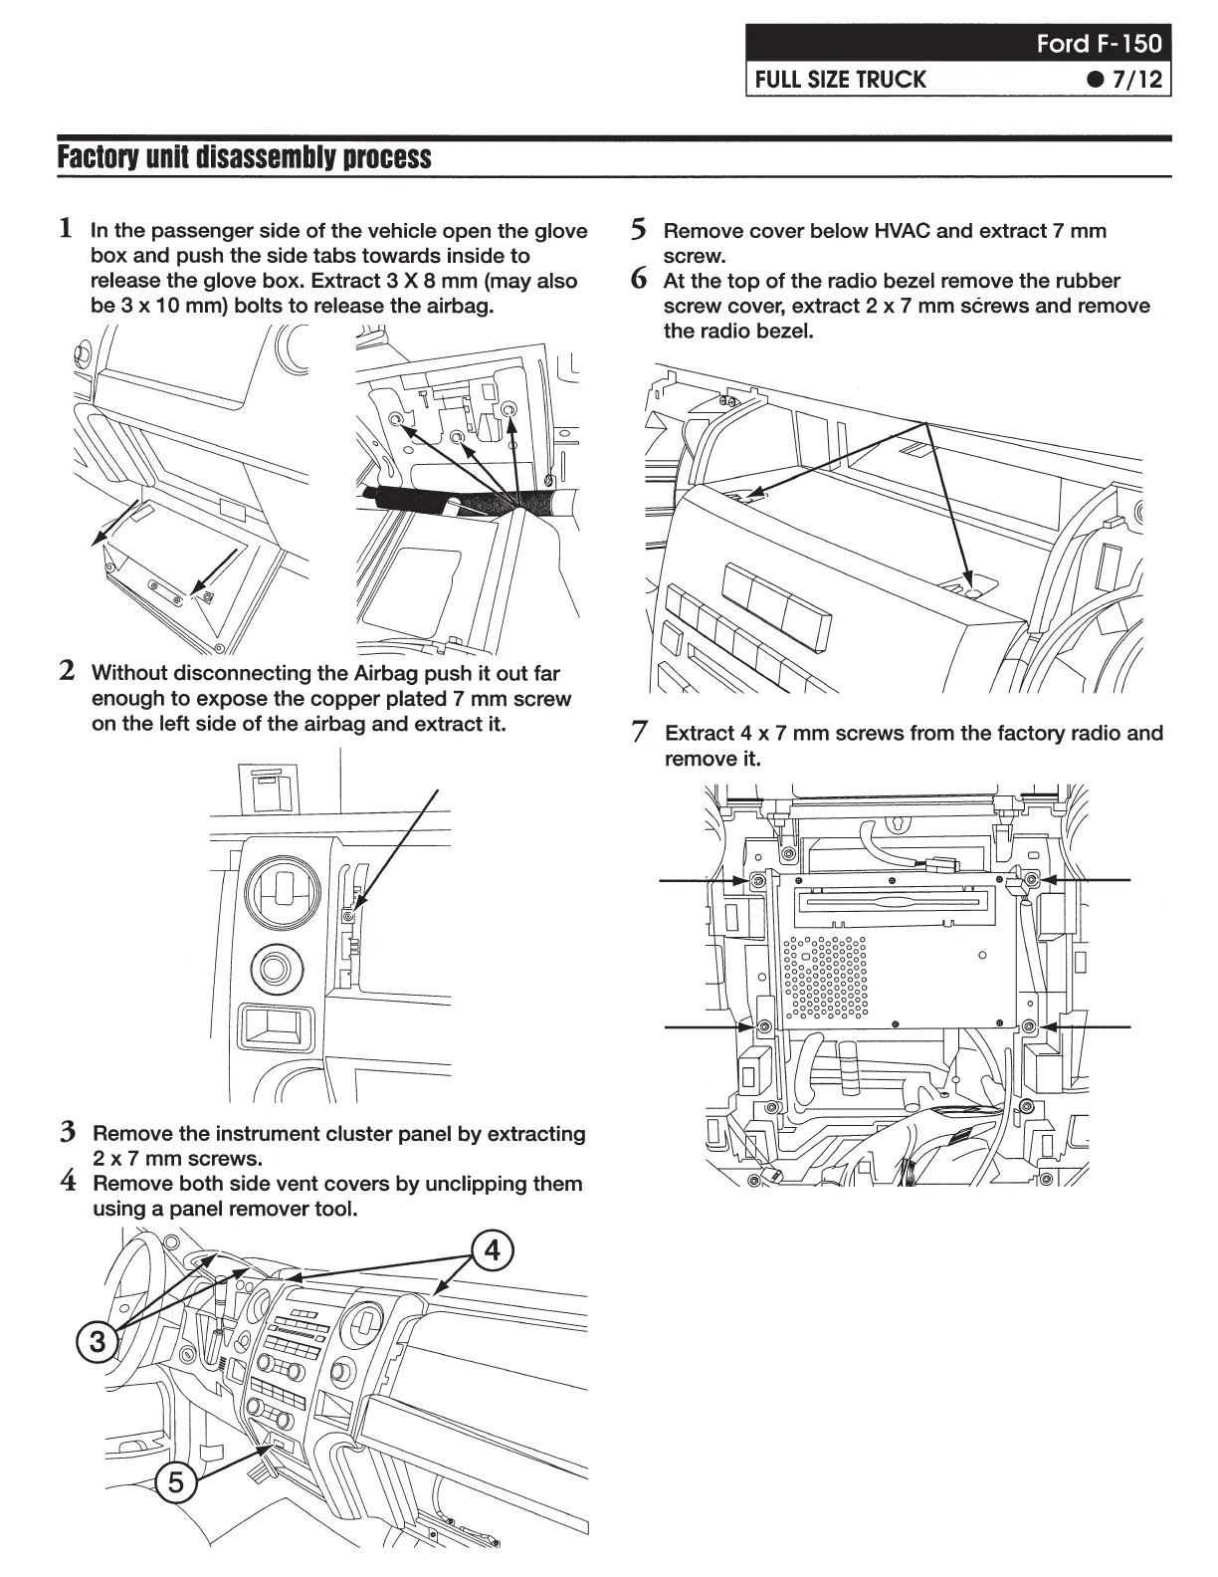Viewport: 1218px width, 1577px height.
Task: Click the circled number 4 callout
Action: pyautogui.click(x=493, y=1249)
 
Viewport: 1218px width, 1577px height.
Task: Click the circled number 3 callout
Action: pyautogui.click(x=98, y=1341)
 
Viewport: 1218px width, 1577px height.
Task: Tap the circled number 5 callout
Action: pyautogui.click(x=176, y=1483)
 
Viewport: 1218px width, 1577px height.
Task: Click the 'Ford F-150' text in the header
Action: pyautogui.click(x=1098, y=44)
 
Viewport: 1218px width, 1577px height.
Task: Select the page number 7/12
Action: pyautogui.click(x=1137, y=80)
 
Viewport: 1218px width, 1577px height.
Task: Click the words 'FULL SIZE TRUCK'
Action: pyautogui.click(x=840, y=80)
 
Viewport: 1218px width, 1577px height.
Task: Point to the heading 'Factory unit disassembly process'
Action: pyautogui.click(x=245, y=157)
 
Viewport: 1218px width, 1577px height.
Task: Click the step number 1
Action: pyautogui.click(x=66, y=228)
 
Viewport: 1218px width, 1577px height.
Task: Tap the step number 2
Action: pyautogui.click(x=67, y=670)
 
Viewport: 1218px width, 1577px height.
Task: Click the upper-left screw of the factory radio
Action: pyautogui.click(x=756, y=881)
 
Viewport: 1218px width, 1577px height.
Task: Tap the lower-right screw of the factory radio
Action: pyautogui.click(x=1030, y=1025)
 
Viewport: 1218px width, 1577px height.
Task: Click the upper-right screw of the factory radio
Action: pyautogui.click(x=1032, y=880)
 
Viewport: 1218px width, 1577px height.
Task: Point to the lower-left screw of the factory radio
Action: pyautogui.click(x=763, y=1026)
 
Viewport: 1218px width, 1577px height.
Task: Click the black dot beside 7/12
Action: pyautogui.click(x=1096, y=80)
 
